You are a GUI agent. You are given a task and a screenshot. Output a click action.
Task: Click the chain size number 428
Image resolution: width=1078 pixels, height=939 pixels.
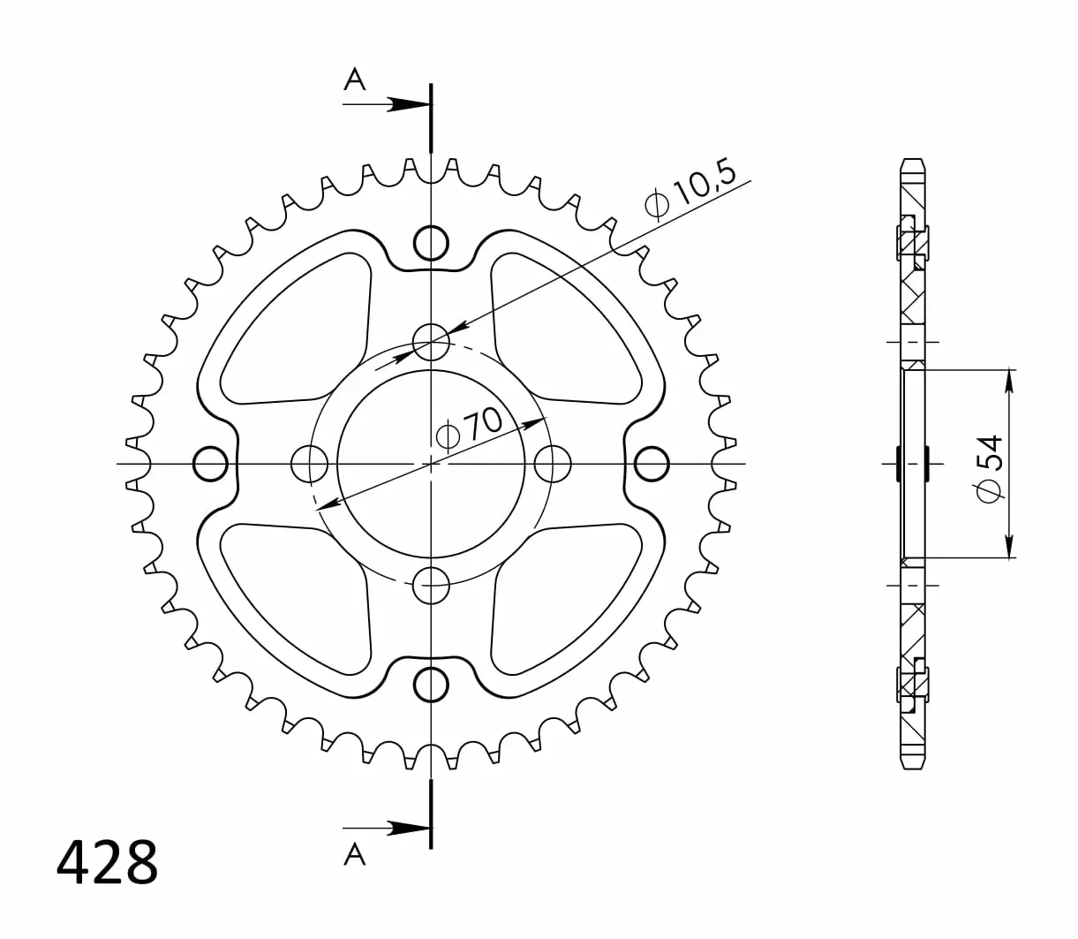(x=107, y=861)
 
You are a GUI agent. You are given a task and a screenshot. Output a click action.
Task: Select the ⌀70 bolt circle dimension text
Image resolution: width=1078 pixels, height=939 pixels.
(x=470, y=430)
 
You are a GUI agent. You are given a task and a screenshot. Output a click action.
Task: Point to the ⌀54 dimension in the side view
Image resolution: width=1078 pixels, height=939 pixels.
(x=989, y=468)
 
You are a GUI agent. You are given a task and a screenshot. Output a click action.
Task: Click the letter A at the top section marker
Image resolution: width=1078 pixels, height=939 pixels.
(x=355, y=80)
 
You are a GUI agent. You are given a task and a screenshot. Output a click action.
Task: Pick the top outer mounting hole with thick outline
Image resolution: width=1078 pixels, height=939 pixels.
(x=431, y=243)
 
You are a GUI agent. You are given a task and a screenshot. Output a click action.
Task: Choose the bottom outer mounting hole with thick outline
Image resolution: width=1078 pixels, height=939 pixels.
(x=431, y=685)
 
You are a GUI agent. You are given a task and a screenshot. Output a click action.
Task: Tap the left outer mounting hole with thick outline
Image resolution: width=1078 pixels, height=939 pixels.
(x=210, y=464)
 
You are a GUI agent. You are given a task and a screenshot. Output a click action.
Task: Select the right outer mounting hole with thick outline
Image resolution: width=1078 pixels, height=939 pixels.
(x=652, y=464)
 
